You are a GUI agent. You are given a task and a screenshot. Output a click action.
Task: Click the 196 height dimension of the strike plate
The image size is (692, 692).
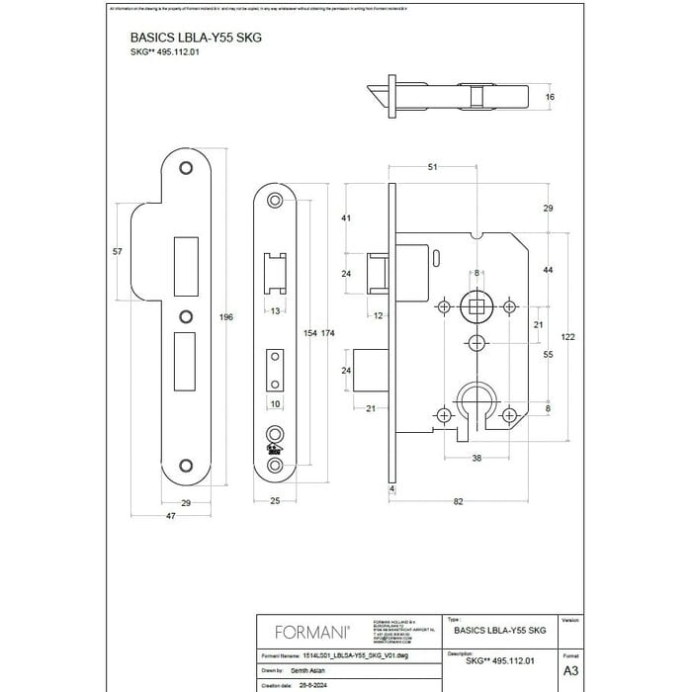[x=226, y=316]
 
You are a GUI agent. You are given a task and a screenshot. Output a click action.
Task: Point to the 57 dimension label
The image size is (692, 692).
[x=117, y=252]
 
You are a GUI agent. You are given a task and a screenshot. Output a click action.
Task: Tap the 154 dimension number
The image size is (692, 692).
[x=307, y=334]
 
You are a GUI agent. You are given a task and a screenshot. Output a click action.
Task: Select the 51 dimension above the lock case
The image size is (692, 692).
[x=433, y=168]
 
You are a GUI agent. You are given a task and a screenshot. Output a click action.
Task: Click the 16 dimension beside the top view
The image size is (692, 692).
[x=550, y=98]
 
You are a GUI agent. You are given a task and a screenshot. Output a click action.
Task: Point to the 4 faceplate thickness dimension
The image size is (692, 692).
[x=391, y=488]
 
